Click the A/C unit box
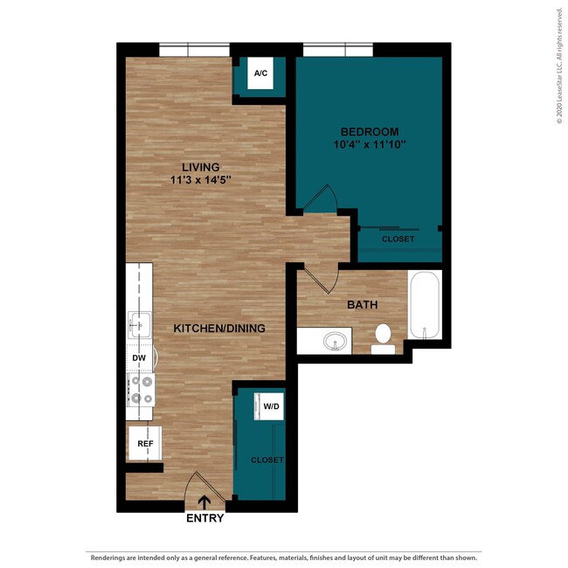pos(260,74)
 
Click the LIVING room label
pos(200,167)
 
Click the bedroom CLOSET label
pos(398,239)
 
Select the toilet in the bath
pos(383,336)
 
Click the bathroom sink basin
pos(333,341)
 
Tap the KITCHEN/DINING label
pos(218,329)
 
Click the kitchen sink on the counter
pos(140,326)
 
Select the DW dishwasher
pos(139,358)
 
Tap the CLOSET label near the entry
pos(267,460)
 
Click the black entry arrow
pos(204,502)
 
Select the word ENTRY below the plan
pos(204,518)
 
